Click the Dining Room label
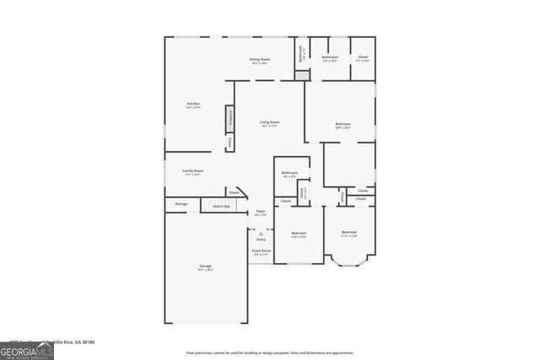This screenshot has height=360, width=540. point(259,60)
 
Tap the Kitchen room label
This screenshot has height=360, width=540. point(193,105)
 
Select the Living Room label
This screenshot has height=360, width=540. point(269,123)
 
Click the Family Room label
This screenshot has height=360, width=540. point(193,171)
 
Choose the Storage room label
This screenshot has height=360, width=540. point(181,204)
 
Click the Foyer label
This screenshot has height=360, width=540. point(261,212)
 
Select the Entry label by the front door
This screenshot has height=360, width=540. point(261,239)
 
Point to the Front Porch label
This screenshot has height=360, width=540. point(261,251)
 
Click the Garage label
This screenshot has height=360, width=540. point(205,267)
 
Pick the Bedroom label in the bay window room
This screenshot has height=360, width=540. point(349,234)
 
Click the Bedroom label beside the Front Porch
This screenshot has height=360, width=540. point(299,234)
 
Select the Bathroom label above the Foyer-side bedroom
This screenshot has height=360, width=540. point(289,174)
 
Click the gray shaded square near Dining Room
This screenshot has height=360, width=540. point(302,74)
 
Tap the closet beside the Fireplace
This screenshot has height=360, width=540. point(229,143)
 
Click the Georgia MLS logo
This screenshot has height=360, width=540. point(27,351)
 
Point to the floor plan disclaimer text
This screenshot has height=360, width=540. point(269,352)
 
